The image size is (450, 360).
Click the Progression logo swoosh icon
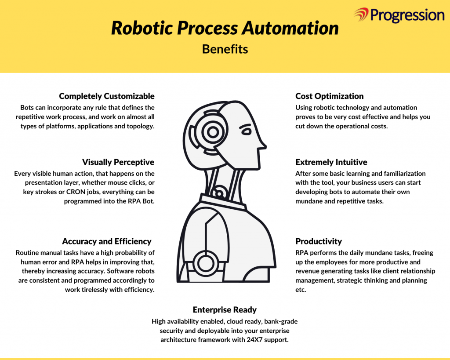tap(361, 15)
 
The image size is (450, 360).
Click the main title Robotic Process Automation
tap(225, 28)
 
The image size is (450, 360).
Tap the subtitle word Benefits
tap(225, 49)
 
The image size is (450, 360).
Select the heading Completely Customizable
tap(107, 96)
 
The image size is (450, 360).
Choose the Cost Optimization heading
tap(330, 96)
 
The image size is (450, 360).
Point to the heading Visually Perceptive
tap(118, 162)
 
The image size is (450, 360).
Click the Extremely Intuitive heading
tap(331, 162)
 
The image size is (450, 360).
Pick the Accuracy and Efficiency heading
tap(107, 241)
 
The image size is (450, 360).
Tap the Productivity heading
tap(319, 241)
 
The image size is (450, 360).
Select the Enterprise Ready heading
tap(225, 310)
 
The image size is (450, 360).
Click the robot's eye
tap(246, 131)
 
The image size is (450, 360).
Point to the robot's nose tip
tap(266, 147)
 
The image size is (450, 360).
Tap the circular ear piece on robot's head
tap(213, 132)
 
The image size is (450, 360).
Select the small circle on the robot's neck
tap(219, 193)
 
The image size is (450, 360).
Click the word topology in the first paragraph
tap(140, 126)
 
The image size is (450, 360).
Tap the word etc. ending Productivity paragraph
tap(301, 290)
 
